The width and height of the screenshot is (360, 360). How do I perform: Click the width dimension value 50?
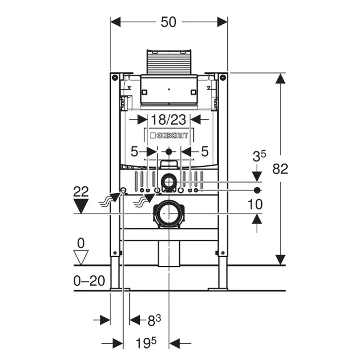click(x=168, y=22)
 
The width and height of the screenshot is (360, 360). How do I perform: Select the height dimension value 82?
click(x=280, y=168)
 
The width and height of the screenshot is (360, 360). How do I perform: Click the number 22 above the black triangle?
click(x=81, y=192)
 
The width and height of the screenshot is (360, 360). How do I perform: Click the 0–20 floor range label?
click(x=89, y=281)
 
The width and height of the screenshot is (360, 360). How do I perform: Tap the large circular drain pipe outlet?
click(x=168, y=214)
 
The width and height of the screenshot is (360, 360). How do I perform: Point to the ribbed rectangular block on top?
click(x=168, y=62)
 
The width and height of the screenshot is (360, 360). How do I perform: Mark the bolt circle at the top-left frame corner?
click(x=114, y=77)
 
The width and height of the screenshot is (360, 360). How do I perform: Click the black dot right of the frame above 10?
click(x=257, y=190)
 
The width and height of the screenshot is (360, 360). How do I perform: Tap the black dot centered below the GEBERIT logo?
click(x=168, y=152)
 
